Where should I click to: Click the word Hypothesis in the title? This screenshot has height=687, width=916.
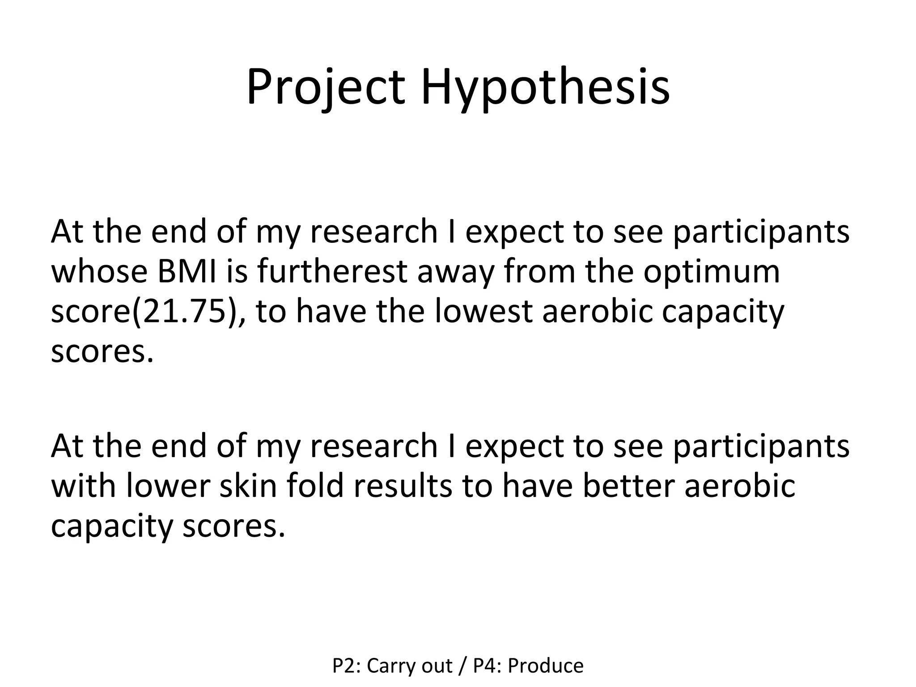click(x=545, y=87)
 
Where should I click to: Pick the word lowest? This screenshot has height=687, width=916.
click(x=483, y=312)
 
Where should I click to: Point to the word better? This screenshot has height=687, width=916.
click(x=628, y=486)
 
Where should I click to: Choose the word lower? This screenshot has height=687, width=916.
click(x=168, y=486)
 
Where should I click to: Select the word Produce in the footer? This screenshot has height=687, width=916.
click(x=546, y=666)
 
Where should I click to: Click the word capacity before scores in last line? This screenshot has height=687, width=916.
click(x=111, y=526)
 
